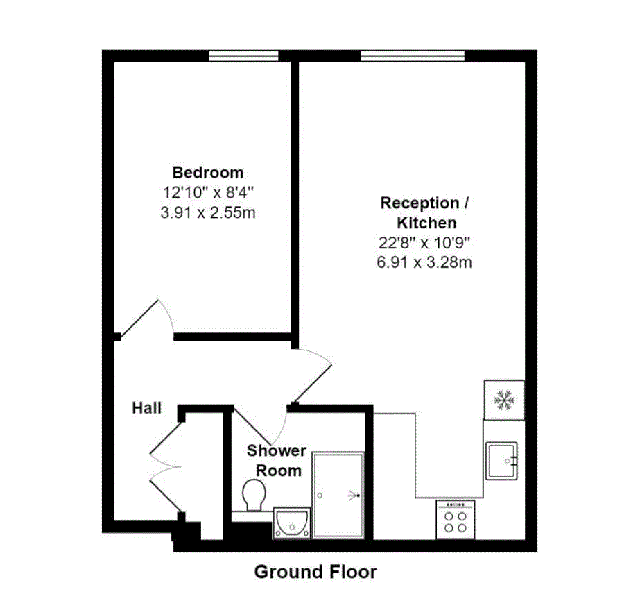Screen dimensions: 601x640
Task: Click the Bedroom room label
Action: point(208,172)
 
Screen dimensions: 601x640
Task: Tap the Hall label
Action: point(147,407)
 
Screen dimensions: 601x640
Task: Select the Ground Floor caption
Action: point(315,572)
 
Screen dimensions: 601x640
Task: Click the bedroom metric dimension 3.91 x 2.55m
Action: point(208,212)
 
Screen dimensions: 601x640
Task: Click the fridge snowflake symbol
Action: point(503,400)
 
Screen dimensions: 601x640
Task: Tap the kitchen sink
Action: point(501,460)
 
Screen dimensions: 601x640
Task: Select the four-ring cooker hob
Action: point(455,520)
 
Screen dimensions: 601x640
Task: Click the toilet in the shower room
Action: point(254,496)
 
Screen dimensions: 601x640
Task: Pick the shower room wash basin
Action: point(291,523)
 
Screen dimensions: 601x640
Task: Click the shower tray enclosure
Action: point(338,496)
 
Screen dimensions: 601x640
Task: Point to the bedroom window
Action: point(244,56)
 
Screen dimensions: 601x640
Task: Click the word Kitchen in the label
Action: point(426,223)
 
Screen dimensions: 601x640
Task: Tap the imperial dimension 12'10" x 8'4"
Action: point(208,192)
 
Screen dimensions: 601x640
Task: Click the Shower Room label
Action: point(277,460)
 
